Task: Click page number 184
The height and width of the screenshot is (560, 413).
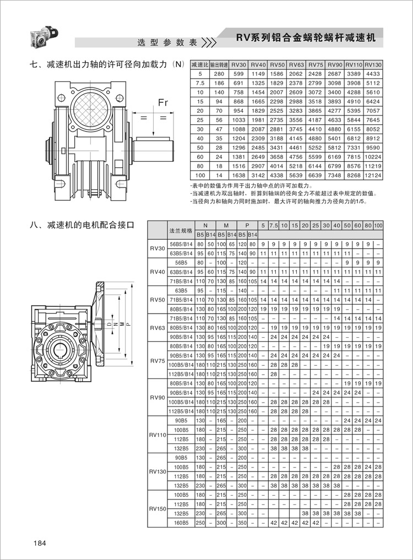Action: click(x=39, y=544)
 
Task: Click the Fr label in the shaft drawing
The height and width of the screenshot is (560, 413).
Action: click(x=163, y=103)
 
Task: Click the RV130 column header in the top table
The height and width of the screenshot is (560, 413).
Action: click(x=373, y=65)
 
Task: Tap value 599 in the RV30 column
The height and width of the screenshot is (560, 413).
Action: click(x=238, y=73)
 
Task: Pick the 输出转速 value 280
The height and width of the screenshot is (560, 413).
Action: click(x=219, y=73)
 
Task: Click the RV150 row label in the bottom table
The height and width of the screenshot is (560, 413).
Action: click(x=157, y=509)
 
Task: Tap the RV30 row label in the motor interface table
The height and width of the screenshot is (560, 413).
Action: click(x=157, y=249)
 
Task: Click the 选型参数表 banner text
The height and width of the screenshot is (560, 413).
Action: click(x=167, y=43)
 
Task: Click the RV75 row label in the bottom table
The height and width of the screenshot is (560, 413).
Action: click(x=157, y=361)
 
